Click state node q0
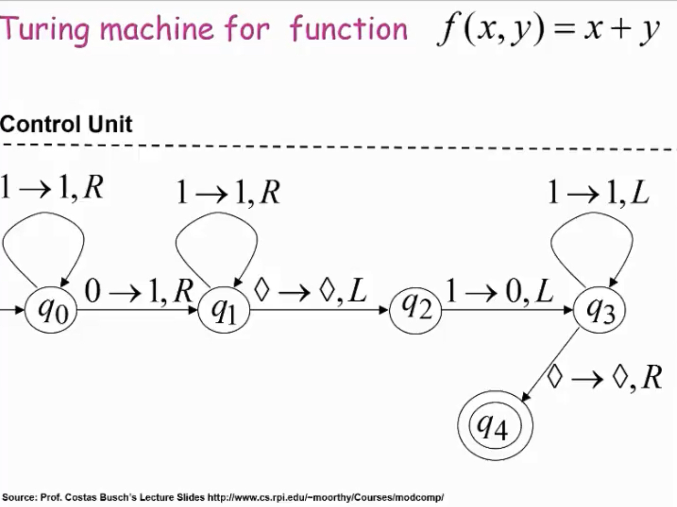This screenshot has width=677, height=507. pyautogui.click(x=51, y=310)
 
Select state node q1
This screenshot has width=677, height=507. pyautogui.click(x=224, y=310)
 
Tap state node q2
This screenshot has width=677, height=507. pyautogui.click(x=415, y=309)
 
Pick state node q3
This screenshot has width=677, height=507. pyautogui.click(x=599, y=309)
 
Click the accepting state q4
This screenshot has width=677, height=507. pyautogui.click(x=495, y=425)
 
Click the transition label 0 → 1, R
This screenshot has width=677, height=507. pyautogui.click(x=138, y=291)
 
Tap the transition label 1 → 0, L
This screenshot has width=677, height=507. pyautogui.click(x=499, y=291)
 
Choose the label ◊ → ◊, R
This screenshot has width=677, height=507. pyautogui.click(x=604, y=378)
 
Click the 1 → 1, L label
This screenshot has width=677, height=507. pyautogui.click(x=598, y=193)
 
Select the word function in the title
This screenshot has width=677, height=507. pyautogui.click(x=348, y=29)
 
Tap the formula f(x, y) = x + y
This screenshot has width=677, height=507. pyautogui.click(x=548, y=30)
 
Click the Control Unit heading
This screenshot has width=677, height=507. pyautogui.click(x=66, y=124)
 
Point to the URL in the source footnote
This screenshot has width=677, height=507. pyautogui.click(x=325, y=497)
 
